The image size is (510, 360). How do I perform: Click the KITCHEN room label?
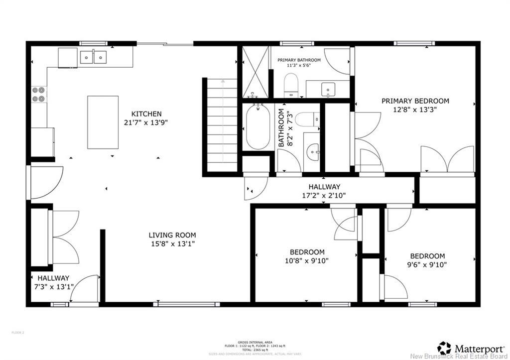(146, 114)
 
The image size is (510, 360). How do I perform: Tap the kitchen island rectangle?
(103, 122)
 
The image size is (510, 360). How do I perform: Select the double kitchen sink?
(94, 57)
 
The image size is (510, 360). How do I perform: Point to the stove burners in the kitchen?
(38, 95)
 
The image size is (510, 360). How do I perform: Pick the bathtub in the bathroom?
(257, 127)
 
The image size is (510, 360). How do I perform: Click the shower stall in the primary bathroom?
(255, 72)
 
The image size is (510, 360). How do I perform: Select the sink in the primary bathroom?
(328, 89)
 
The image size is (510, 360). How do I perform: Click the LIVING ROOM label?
(172, 235)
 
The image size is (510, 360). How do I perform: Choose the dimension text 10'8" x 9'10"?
(307, 260)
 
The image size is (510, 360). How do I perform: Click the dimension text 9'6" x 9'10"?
(427, 264)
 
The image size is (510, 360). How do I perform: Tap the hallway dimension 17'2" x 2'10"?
(324, 195)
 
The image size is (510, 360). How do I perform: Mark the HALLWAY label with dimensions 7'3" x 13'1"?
(52, 282)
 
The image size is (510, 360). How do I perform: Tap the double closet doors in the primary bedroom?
(447, 160)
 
